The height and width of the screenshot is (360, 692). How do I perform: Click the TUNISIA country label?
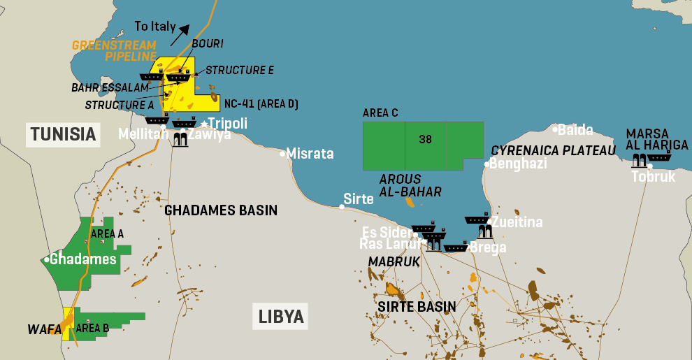pyautogui.click(x=62, y=134)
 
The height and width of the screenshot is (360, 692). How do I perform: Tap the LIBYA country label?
pyautogui.click(x=282, y=317)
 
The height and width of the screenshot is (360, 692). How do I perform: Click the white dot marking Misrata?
pyautogui.click(x=283, y=154)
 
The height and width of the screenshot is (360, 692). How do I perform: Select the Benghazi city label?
pyautogui.click(x=518, y=164)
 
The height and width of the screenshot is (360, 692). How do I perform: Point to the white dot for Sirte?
pyautogui.click(x=342, y=206)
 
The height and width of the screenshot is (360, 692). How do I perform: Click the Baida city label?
pyautogui.click(x=575, y=129)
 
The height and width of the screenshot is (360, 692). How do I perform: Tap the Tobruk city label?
pyautogui.click(x=654, y=177)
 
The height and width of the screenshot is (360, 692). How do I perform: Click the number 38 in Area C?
pyautogui.click(x=425, y=139)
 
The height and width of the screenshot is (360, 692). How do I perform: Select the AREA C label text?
pyautogui.click(x=380, y=113)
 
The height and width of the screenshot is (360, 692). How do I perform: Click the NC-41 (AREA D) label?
pyautogui.click(x=261, y=104)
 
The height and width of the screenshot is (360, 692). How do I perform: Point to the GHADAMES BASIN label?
pyautogui.click(x=221, y=210)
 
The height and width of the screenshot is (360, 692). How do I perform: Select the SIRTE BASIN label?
pyautogui.click(x=417, y=306)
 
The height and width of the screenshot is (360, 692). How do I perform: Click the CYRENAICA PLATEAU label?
pyautogui.click(x=554, y=150)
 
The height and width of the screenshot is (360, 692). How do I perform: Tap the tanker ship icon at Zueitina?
pyautogui.click(x=477, y=219)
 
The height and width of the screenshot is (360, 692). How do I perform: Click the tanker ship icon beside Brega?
pyautogui.click(x=456, y=247)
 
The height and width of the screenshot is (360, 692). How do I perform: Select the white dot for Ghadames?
pyautogui.click(x=46, y=259)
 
